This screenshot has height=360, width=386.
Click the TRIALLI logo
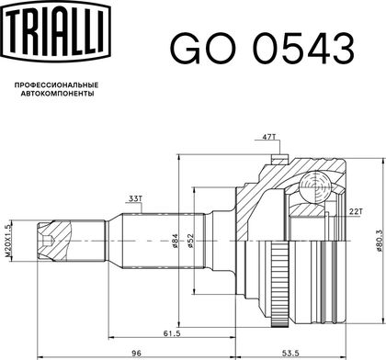(55, 31)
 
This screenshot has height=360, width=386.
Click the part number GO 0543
(262, 49)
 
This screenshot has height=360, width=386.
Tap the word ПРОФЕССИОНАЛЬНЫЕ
(57, 84)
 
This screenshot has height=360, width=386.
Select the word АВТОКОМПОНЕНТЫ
(57, 94)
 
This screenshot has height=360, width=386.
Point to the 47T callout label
(268, 137)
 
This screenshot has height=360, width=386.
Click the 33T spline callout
(134, 199)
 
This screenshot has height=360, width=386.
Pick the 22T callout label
(355, 211)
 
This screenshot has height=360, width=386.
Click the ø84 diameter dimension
(175, 241)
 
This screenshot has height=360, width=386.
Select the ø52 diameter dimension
(190, 241)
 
